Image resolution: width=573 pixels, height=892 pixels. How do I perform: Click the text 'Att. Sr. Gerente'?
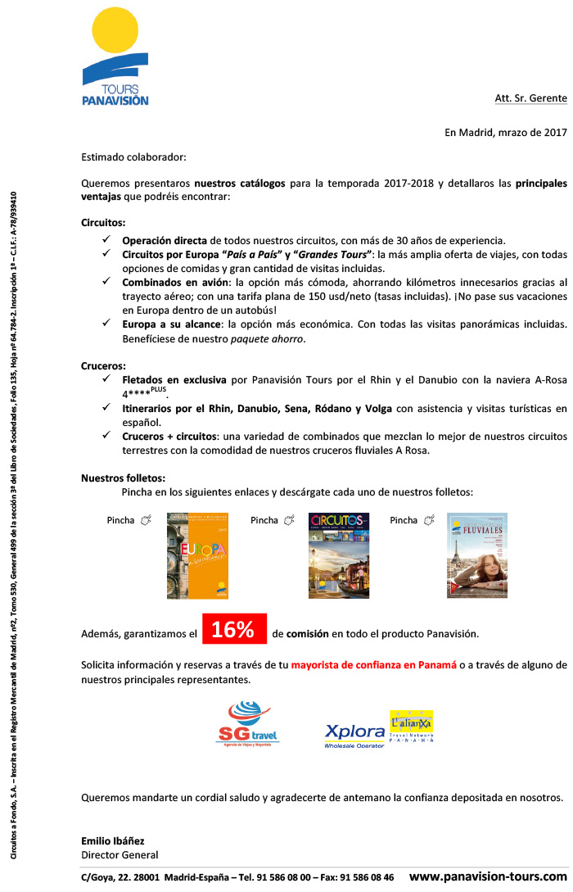click(x=530, y=98)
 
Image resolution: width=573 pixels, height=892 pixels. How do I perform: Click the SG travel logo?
click(x=247, y=722)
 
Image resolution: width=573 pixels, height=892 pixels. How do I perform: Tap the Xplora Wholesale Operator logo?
click(x=354, y=735)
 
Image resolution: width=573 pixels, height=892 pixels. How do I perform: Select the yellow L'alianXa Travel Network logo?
click(x=412, y=727)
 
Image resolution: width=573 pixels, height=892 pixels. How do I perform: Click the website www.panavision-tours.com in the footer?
click(x=488, y=876)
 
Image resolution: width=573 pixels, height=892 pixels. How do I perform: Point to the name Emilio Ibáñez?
click(x=113, y=841)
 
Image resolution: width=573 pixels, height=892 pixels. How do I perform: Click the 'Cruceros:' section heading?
click(x=103, y=365)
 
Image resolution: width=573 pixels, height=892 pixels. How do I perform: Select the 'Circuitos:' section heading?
click(x=103, y=223)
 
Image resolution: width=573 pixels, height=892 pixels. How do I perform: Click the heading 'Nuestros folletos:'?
click(x=123, y=478)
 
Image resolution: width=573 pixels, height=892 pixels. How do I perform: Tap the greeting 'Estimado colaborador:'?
click(x=133, y=156)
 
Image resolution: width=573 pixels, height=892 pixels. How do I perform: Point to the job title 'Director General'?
click(x=120, y=855)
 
